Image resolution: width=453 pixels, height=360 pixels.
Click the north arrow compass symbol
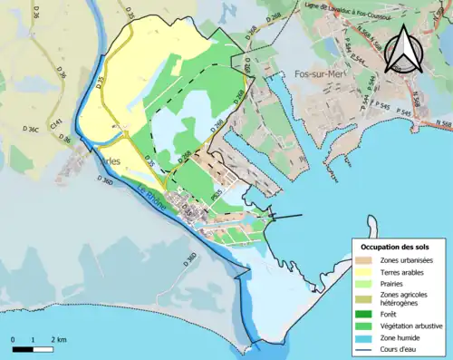point(404,49)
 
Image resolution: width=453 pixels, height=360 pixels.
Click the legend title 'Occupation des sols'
point(396,247)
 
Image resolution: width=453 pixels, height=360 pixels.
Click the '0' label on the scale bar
point(13,338)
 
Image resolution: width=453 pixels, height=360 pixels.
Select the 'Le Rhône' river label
point(152,199)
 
